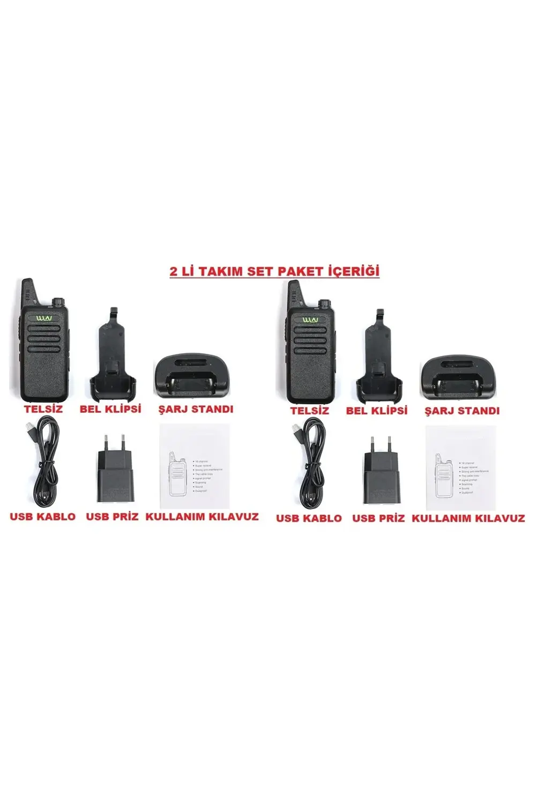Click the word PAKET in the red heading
300,271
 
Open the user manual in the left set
195,466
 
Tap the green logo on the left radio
44,319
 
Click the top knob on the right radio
323,304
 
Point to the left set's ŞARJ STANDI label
196,409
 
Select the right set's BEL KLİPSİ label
377,411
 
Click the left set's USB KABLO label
43,517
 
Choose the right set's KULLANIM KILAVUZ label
468,518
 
